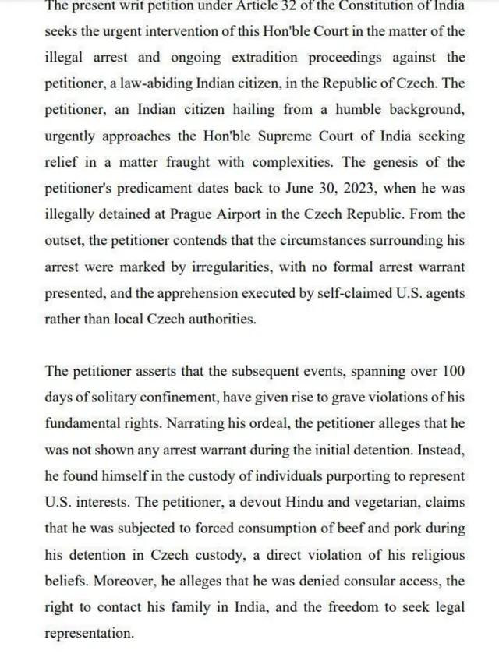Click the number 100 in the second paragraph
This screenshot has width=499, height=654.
[x=454, y=370]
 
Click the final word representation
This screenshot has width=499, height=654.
[x=89, y=634]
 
